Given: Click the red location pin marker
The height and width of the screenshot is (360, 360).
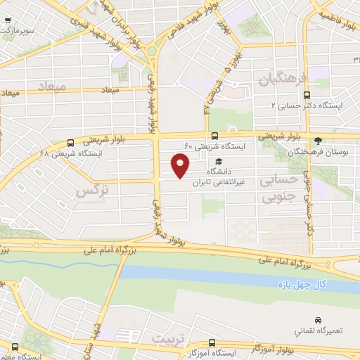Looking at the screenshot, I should click(181, 165).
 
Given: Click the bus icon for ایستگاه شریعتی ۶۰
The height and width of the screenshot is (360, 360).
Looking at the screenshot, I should click(214, 136).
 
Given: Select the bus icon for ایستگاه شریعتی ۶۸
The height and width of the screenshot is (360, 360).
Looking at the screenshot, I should click(70, 143).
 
